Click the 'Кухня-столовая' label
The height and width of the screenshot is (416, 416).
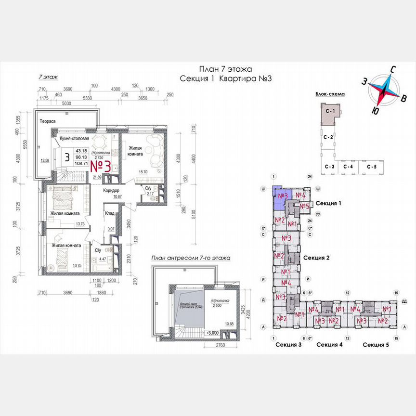click(75, 138)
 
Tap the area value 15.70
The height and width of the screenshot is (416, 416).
click(143, 172)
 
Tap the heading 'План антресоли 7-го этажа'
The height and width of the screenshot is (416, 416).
click(190, 258)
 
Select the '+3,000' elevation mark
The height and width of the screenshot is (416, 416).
click(212, 332)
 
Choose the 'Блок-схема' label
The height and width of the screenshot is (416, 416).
click(330, 95)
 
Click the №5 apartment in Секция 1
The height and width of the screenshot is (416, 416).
click(304, 207)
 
